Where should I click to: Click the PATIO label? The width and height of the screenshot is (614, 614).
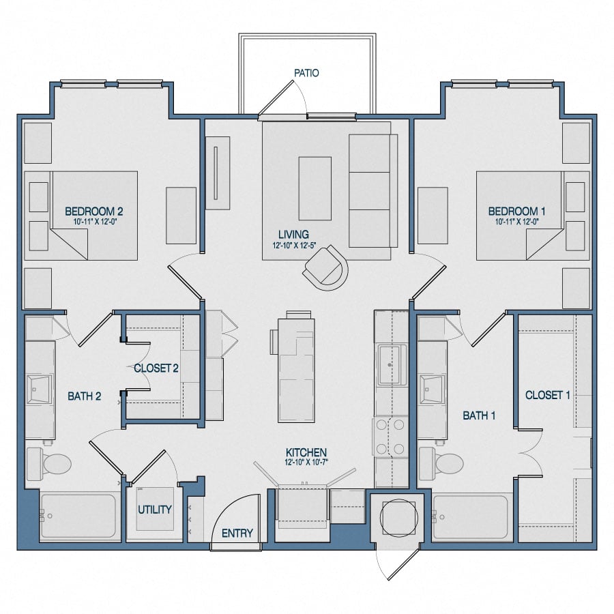tap(306, 72)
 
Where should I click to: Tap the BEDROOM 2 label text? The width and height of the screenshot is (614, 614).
tap(93, 211)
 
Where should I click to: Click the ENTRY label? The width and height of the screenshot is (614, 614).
tap(237, 533)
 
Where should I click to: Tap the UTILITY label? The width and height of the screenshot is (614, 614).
tap(155, 510)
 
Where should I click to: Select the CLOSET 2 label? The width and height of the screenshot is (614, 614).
tap(156, 368)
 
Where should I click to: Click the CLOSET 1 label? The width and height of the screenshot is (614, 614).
tap(547, 395)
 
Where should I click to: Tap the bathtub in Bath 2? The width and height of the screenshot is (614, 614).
tap(77, 516)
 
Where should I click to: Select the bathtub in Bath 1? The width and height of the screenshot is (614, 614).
tap(471, 516)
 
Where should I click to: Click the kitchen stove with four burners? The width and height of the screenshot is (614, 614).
tap(390, 437)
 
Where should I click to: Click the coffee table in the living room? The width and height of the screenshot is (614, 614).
tap(315, 179)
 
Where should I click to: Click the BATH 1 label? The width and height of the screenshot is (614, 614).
tap(479, 415)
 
